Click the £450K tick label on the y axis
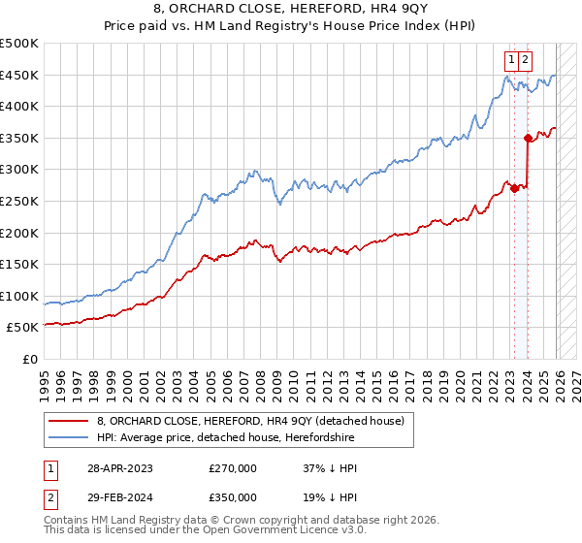coord(19,75)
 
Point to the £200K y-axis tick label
coord(19,233)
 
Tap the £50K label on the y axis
coord(23,328)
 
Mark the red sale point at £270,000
coord(514,188)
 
